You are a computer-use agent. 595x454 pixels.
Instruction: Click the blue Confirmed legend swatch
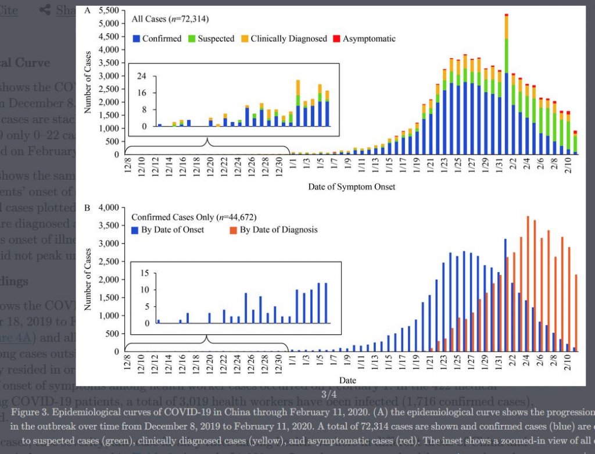point(137,39)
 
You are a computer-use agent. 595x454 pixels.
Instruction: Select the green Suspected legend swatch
point(192,39)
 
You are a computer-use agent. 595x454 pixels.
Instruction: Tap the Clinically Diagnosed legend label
point(289,39)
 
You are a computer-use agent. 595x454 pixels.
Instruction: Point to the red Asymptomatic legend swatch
point(337,39)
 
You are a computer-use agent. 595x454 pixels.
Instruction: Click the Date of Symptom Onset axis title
point(353,187)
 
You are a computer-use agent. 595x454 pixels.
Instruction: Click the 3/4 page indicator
point(328,395)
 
